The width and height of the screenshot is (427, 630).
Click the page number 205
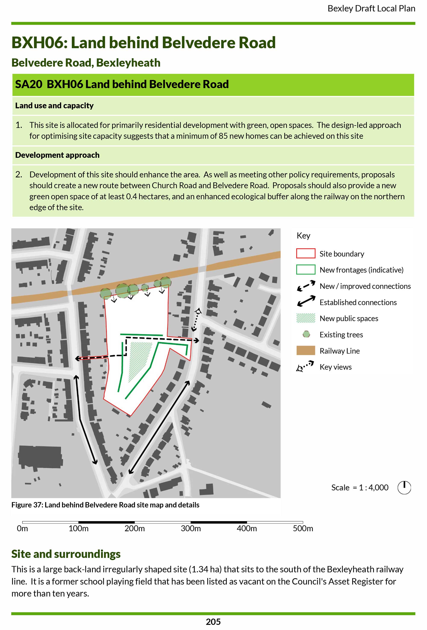click(213, 622)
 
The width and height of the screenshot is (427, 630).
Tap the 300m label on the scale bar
click(191, 528)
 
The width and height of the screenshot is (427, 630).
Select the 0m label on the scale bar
click(22, 528)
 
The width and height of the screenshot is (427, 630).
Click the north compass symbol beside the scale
click(404, 488)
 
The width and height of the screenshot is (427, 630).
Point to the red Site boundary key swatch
click(306, 253)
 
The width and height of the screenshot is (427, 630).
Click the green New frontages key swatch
click(306, 270)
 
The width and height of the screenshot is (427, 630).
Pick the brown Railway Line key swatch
click(306, 350)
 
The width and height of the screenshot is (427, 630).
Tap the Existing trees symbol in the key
click(306, 334)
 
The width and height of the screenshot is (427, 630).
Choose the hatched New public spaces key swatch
click(306, 318)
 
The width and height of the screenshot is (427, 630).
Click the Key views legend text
click(335, 367)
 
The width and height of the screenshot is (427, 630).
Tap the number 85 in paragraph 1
click(223, 136)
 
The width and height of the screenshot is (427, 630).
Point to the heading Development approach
click(57, 155)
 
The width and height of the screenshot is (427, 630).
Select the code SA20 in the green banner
click(28, 84)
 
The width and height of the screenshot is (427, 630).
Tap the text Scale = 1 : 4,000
click(360, 488)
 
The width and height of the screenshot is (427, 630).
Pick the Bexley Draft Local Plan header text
click(371, 9)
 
